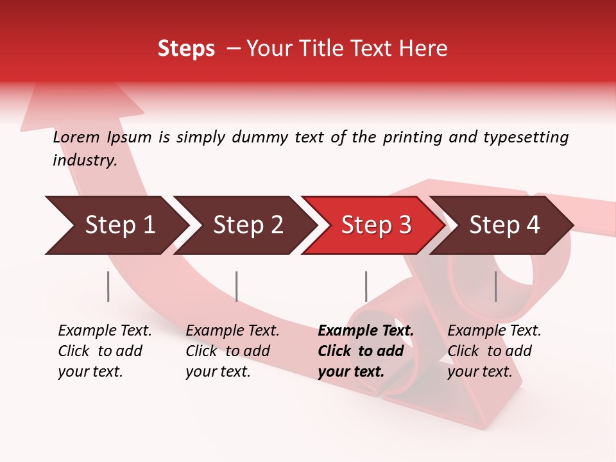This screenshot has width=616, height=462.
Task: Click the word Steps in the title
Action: coord(186,48)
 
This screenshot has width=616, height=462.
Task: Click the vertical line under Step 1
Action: coord(108,286)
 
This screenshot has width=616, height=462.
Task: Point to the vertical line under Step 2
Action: coord(237,286)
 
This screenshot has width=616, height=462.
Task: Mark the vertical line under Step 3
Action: coord(366,286)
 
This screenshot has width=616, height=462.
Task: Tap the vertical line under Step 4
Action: coord(495,286)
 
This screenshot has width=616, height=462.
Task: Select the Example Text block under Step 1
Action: coord(105,351)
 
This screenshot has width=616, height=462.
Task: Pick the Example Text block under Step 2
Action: coord(232,351)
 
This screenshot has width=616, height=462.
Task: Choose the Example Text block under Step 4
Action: coord(494,351)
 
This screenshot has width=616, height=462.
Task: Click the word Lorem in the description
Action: coord(76,137)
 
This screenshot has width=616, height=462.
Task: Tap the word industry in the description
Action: coord(84,160)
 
